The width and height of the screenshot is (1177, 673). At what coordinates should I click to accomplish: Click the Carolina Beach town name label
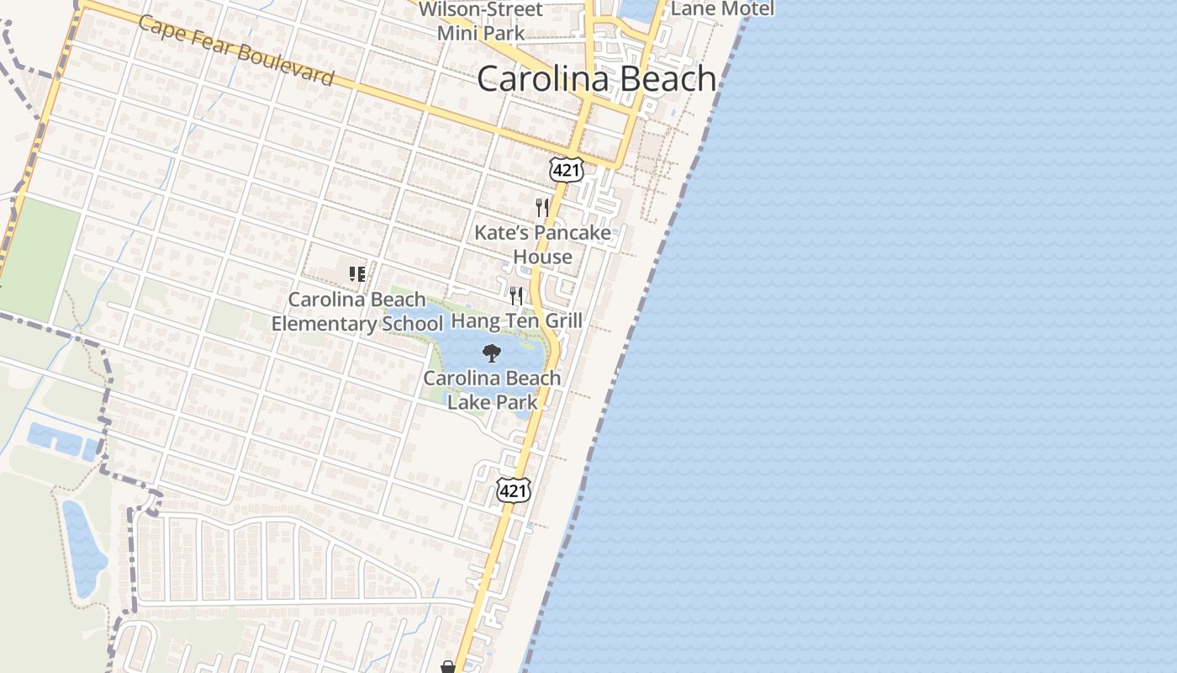[597, 79]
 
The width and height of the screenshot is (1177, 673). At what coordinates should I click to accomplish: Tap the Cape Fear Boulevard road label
[235, 50]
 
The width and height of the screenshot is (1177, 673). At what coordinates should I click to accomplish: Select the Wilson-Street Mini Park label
[481, 22]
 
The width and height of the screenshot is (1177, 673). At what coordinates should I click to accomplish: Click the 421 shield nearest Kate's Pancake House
[567, 170]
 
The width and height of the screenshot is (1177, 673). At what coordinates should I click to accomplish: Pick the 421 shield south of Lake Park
[514, 490]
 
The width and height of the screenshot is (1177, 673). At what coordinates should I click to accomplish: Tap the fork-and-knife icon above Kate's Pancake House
[542, 207]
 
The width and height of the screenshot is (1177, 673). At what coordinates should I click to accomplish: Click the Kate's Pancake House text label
[542, 244]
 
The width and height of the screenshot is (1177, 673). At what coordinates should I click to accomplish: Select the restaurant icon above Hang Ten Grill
[516, 296]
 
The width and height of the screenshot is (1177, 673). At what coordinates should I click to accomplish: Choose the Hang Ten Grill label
[517, 321]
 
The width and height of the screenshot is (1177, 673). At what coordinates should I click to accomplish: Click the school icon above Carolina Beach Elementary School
[357, 274]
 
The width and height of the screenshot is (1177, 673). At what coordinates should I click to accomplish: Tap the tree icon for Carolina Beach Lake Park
[492, 353]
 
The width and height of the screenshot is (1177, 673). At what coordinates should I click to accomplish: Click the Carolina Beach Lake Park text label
[492, 389]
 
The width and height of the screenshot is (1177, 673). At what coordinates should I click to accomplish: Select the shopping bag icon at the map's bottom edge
[448, 667]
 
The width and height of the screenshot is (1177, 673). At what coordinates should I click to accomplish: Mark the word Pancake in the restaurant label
[572, 233]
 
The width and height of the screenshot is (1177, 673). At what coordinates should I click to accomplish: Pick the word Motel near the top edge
[745, 8]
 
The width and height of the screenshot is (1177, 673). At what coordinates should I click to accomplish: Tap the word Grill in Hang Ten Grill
[562, 321]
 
